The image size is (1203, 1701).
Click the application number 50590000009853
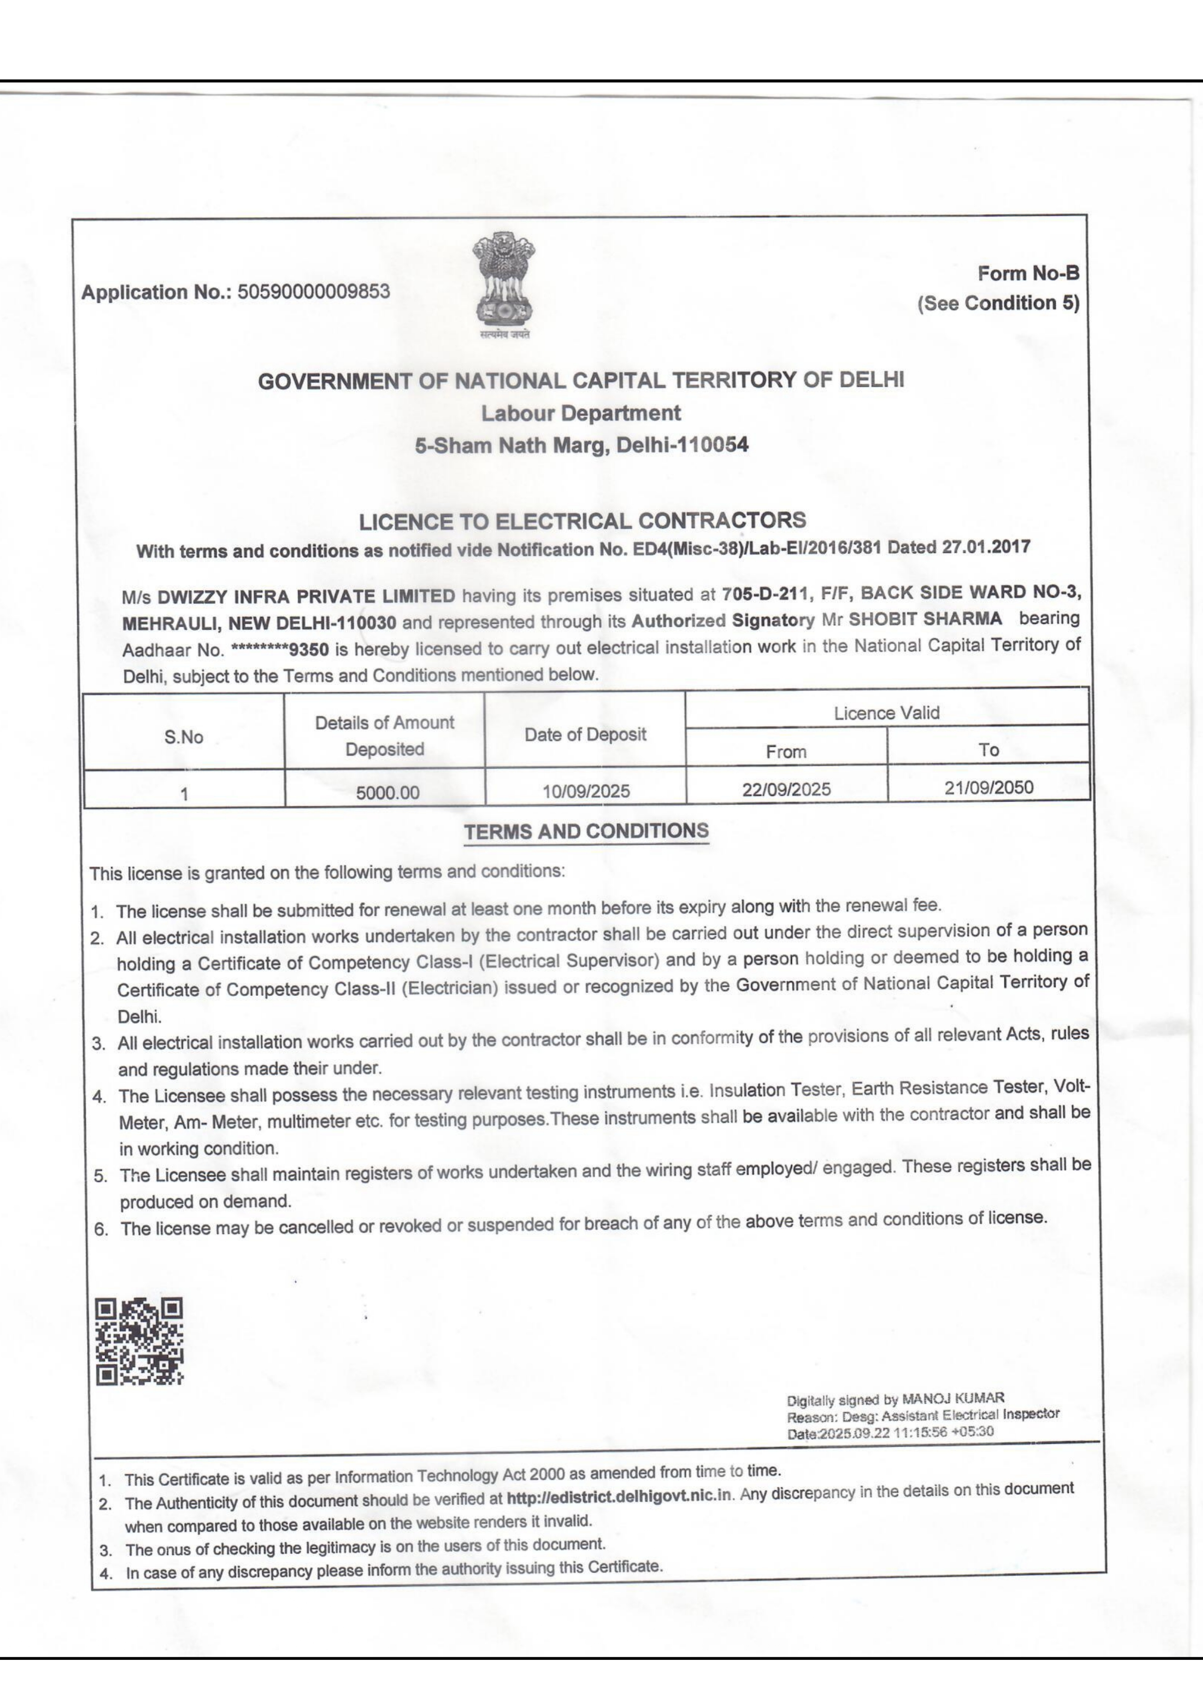click(x=313, y=291)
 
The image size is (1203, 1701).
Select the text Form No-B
click(x=1028, y=273)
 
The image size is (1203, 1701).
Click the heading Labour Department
click(x=581, y=413)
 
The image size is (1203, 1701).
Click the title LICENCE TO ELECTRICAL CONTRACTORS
click(x=582, y=521)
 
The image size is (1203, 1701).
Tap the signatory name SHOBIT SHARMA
click(x=925, y=619)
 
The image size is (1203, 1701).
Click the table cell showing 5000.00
click(x=387, y=792)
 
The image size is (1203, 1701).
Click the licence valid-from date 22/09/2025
click(x=786, y=789)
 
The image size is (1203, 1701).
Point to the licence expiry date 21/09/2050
click(x=988, y=787)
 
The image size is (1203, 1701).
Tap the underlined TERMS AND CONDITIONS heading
click(x=586, y=831)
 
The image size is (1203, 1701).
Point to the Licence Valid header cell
click(x=886, y=713)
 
